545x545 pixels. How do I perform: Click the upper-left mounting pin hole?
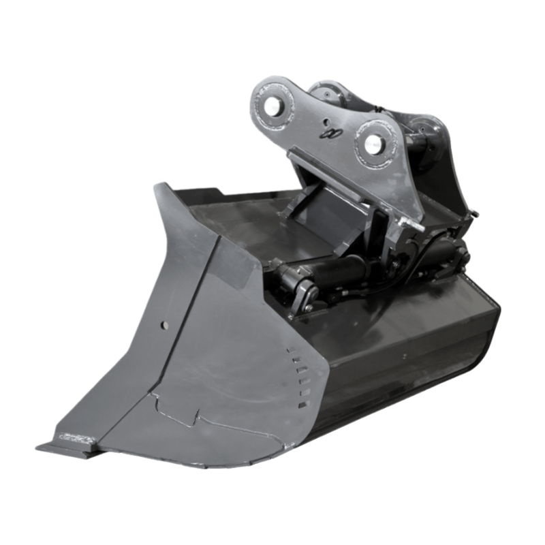[274, 105]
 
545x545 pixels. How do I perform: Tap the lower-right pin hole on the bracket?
[373, 144]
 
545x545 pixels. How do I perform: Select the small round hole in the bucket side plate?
[163, 325]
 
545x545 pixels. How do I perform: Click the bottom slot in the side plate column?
[302, 405]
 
